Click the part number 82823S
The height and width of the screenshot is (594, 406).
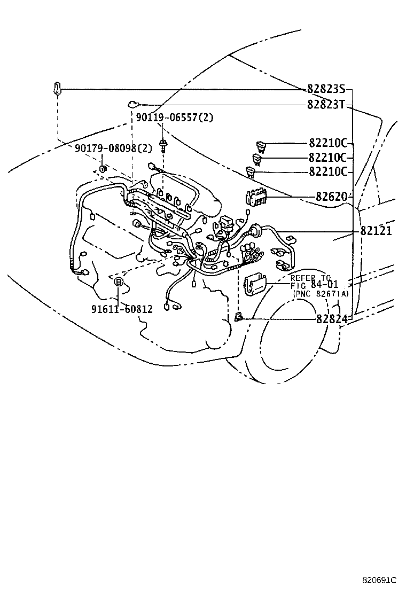coord(326,89)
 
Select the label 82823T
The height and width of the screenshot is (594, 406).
coord(326,105)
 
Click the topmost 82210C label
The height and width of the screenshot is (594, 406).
coord(328,143)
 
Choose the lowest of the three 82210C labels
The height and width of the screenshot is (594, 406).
coord(328,172)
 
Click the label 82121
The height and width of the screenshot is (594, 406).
coord(376,231)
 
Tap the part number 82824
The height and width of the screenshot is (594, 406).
coord(331,319)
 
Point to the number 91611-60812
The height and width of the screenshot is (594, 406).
coord(122,309)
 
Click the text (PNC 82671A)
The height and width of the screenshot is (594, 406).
coord(319,294)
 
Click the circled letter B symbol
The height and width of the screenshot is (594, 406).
coord(119,282)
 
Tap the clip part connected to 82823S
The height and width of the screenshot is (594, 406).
coord(57,89)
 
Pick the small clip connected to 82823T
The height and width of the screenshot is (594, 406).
coord(132,105)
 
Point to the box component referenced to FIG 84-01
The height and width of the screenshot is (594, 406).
coord(255,285)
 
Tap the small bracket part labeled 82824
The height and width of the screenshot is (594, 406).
coord(239,318)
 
